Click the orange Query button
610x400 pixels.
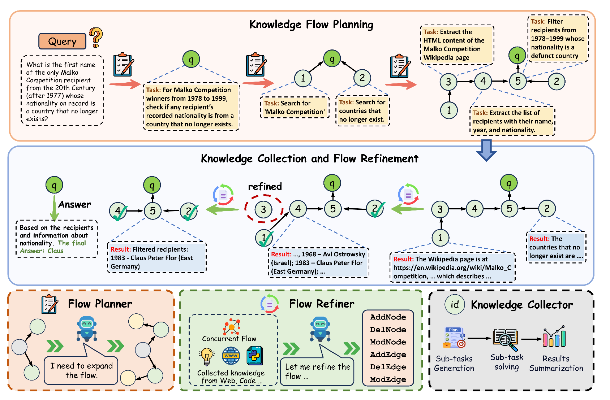coord(62,41)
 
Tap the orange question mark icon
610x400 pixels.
coord(96,37)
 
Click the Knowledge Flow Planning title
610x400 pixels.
coord(311,25)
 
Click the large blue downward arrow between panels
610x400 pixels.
coord(486,149)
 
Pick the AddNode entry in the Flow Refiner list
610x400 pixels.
coord(388,317)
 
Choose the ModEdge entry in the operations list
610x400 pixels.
coord(388,379)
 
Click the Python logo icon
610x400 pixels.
coord(255,355)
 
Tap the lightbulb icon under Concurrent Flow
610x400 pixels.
coord(207,356)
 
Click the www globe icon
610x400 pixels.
coord(231,356)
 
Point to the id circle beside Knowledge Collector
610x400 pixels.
coord(455,304)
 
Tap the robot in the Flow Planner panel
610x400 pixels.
coord(87,329)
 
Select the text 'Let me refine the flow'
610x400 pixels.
coord(317,371)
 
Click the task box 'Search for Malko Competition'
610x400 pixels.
coord(295,108)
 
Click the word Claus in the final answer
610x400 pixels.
coord(55,251)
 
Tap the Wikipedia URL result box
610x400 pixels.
coord(452,268)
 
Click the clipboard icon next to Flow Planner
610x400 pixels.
coord(50,304)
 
